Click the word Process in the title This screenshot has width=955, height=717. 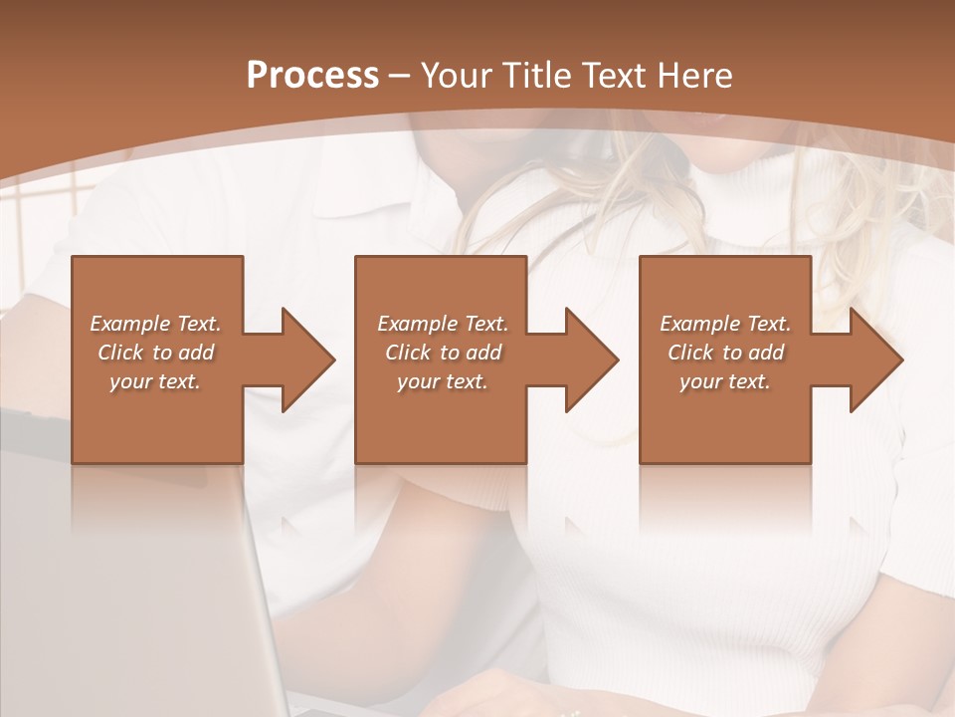(x=312, y=76)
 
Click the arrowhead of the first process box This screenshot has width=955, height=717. (x=304, y=359)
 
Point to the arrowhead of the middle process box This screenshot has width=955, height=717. (x=588, y=359)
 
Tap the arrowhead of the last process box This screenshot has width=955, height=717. (x=872, y=359)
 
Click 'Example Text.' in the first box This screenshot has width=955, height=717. (x=155, y=324)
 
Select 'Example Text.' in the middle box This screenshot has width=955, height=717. (x=443, y=324)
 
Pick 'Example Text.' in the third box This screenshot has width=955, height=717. (x=725, y=324)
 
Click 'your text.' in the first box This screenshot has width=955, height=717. (x=155, y=381)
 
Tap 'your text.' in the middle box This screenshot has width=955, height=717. (x=443, y=381)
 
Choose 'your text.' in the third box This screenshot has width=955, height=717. (x=725, y=381)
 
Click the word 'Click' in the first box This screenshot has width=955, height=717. (x=121, y=353)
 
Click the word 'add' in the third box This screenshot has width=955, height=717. (x=766, y=353)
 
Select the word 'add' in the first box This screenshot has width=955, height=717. (x=196, y=353)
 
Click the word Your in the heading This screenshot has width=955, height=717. (x=456, y=76)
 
